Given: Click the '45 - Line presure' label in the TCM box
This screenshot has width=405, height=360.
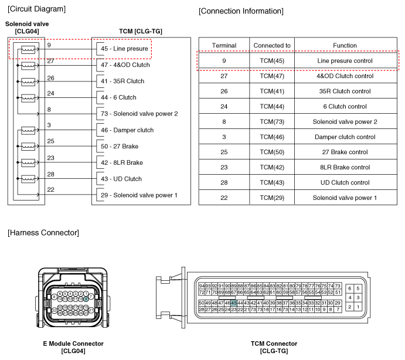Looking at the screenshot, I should point(124,49).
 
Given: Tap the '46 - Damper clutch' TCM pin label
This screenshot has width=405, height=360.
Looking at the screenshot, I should point(127,130).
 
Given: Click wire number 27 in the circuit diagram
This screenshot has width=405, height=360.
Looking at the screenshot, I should point(50,61).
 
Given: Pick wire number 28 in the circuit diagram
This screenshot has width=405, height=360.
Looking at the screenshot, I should point(50,174).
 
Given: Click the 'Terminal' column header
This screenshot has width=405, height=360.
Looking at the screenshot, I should point(224,46).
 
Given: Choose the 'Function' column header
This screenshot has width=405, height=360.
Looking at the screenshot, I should point(345,46).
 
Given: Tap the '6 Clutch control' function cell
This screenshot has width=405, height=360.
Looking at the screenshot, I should point(345,107).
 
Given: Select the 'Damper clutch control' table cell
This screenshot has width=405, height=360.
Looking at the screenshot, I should point(345,137).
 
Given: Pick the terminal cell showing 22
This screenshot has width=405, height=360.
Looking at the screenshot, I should point(224,198).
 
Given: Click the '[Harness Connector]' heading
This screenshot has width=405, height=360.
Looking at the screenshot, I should point(43,233).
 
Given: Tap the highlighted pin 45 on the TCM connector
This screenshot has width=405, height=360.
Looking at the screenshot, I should point(234,303).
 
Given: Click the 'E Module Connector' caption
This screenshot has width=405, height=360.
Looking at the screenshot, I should point(73,344).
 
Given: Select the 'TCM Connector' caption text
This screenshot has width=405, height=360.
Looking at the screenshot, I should point(274,344).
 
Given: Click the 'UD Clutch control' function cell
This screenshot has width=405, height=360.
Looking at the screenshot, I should point(345,183).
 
